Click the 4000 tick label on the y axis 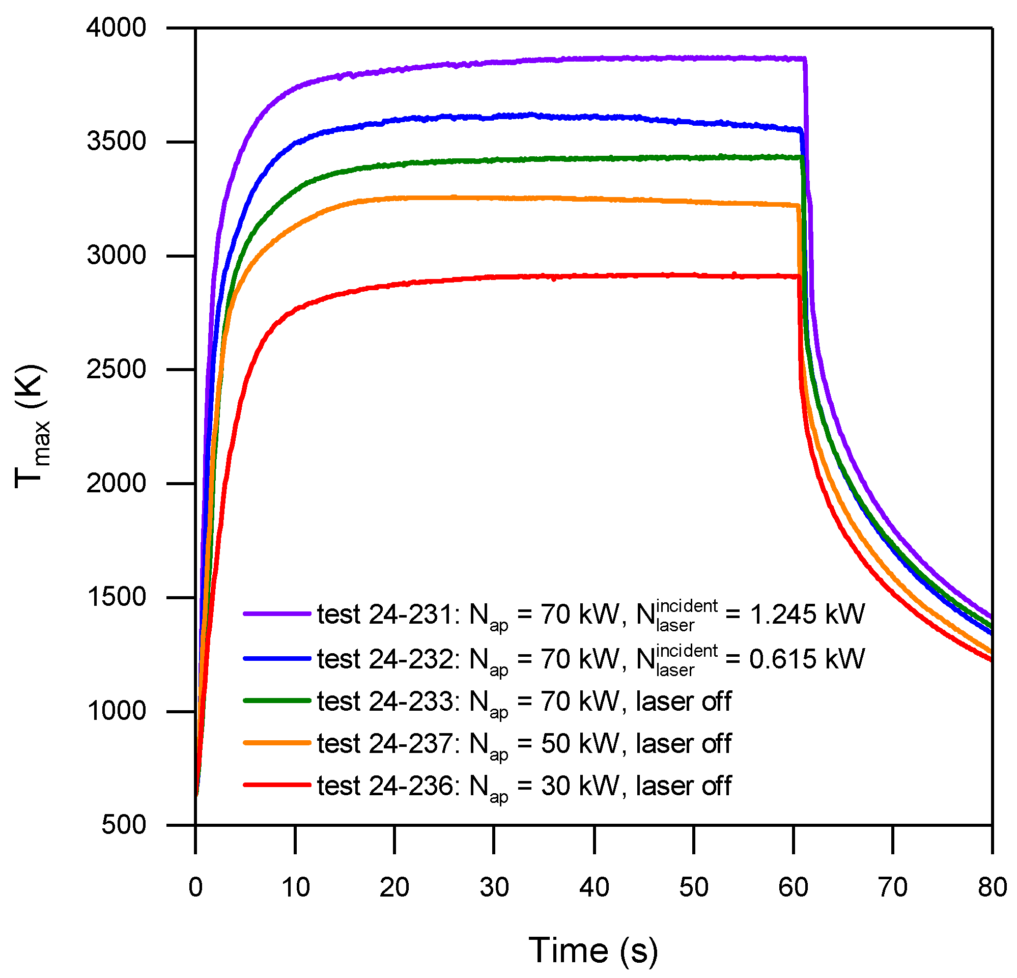coord(116,27)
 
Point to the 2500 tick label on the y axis coord(116,369)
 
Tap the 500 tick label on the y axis coord(124,824)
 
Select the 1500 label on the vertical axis coord(116,597)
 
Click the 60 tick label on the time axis coord(793,887)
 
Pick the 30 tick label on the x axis coord(494,887)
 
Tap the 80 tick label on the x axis coord(992,887)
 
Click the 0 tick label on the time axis coord(195,887)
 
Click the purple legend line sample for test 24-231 coord(276,613)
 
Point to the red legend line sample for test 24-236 coord(276,785)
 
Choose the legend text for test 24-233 coord(524,702)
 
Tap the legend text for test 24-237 coord(524,744)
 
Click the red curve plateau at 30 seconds coord(494,276)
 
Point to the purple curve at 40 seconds coord(594,59)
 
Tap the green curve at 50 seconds coord(694,157)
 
